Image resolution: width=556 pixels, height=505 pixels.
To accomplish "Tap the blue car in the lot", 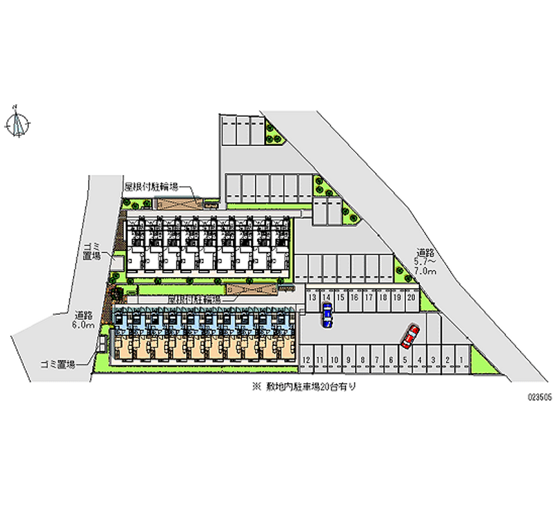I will point(327,317).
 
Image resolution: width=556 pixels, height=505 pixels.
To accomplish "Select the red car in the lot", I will point(410,336).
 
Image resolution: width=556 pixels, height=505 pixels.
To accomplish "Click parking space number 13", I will point(313,297).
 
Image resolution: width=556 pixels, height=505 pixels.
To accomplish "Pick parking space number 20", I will point(411,297).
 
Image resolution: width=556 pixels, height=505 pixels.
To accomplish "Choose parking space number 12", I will point(306,359).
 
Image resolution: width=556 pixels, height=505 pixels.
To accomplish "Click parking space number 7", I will point(376,359).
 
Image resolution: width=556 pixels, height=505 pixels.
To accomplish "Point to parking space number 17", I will point(369,297).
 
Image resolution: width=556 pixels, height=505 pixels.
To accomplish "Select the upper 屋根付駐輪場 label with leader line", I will point(151,186).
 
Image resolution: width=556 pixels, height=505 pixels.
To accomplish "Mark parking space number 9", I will point(348,359).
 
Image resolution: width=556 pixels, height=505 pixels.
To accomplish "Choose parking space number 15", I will point(341,297).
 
